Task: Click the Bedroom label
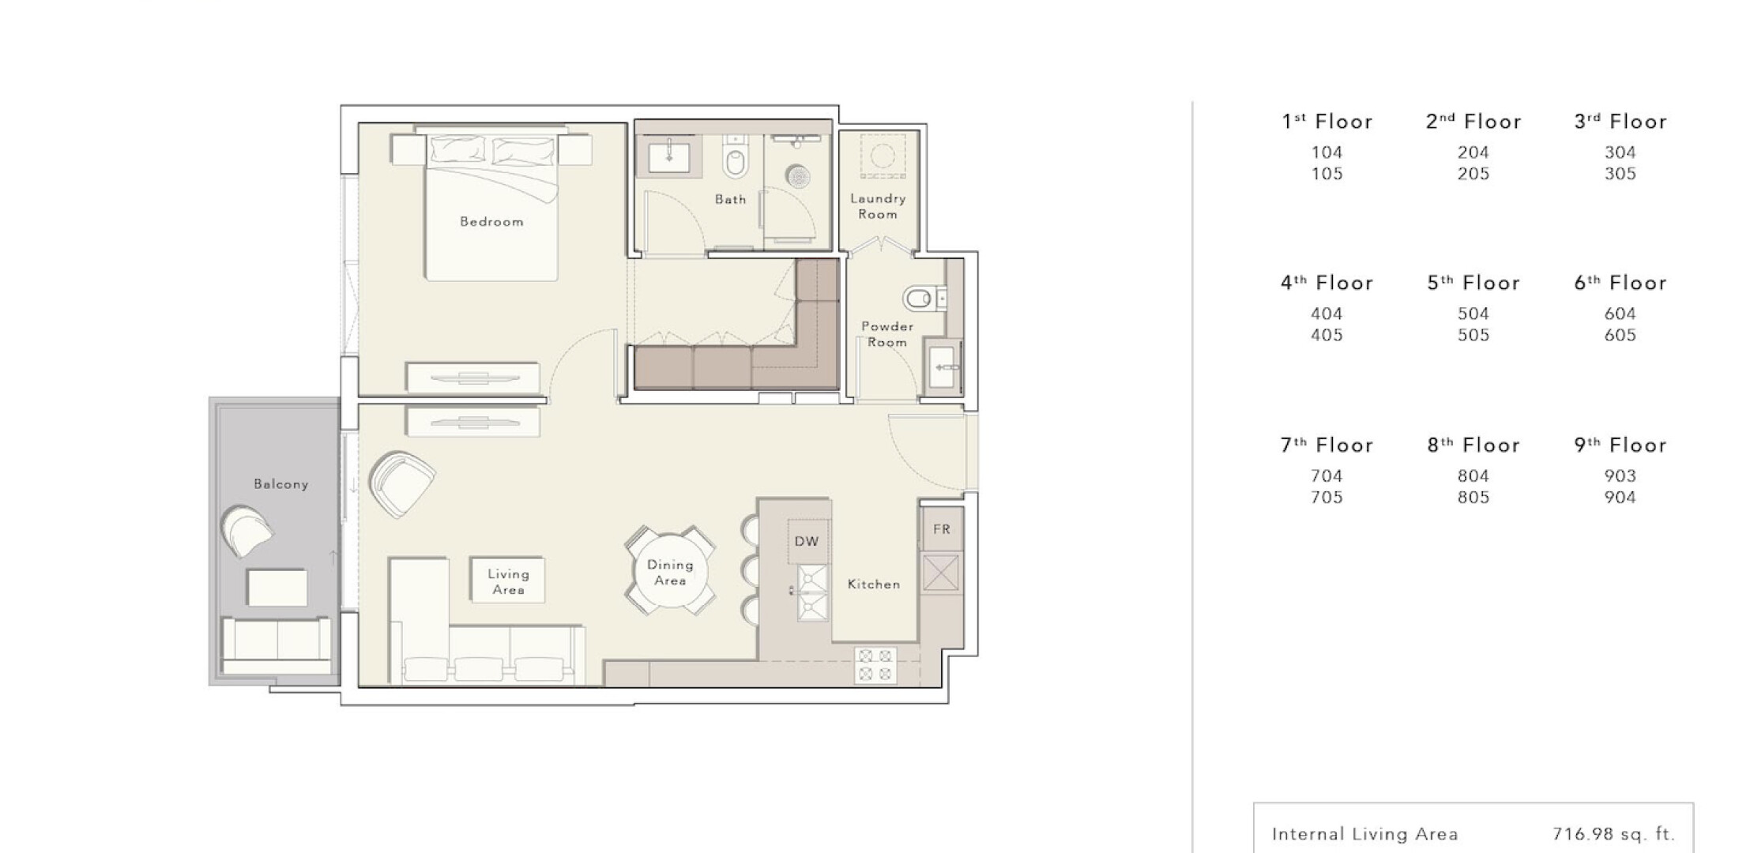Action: (491, 222)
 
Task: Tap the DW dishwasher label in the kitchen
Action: (807, 541)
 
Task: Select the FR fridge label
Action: (941, 529)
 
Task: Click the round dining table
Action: (670, 572)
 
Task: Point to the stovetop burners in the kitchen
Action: (875, 665)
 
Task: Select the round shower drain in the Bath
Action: (798, 175)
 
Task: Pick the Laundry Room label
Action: (878, 206)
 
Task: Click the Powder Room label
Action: (887, 334)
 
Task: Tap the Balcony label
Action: (280, 484)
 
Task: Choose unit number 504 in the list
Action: (1474, 314)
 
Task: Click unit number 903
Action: (1620, 475)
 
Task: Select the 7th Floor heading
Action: (1327, 445)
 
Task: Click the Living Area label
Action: (508, 582)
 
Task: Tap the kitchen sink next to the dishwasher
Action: (812, 592)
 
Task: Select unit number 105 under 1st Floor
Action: (1327, 174)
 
